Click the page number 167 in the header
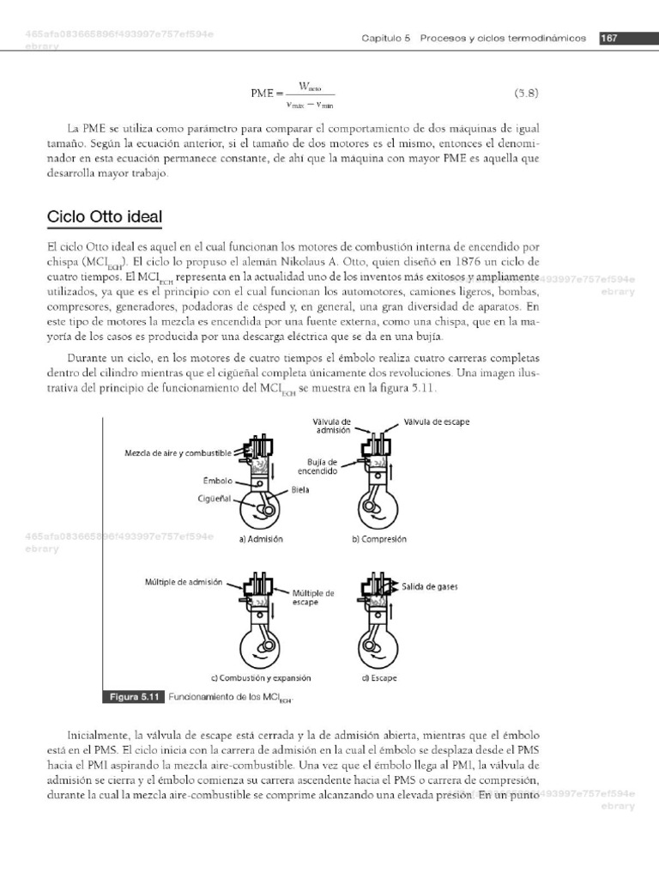point(609,39)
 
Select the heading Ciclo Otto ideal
point(105,216)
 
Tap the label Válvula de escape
point(437,422)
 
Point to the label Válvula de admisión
point(333,426)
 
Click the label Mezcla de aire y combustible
point(178,452)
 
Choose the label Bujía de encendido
point(317,467)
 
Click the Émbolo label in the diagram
point(218,481)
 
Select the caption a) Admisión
point(261,539)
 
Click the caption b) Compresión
point(378,539)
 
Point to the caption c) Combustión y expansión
point(261,677)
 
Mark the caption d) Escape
point(378,677)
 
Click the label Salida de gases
point(430,587)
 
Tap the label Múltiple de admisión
point(184,582)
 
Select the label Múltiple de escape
point(313,597)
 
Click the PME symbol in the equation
point(260,93)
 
